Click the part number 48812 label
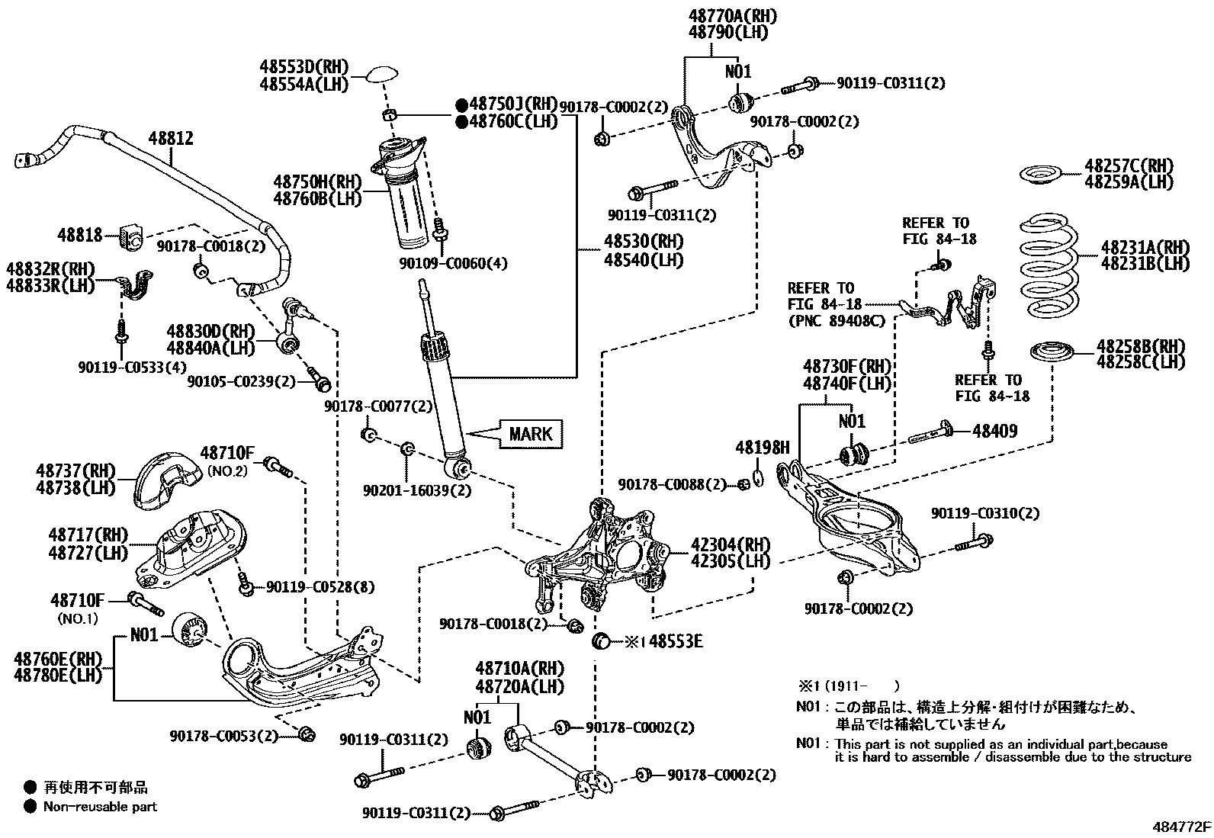click(x=171, y=139)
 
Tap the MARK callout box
click(x=530, y=434)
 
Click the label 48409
click(x=994, y=432)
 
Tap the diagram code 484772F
click(x=1180, y=827)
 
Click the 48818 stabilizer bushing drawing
click(x=131, y=238)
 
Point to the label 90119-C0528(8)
click(x=320, y=588)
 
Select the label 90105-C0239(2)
click(x=241, y=380)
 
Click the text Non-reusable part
click(x=100, y=806)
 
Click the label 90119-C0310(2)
click(x=984, y=514)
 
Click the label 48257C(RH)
click(x=1129, y=166)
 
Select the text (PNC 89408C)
click(x=836, y=321)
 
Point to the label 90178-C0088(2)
click(x=672, y=484)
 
